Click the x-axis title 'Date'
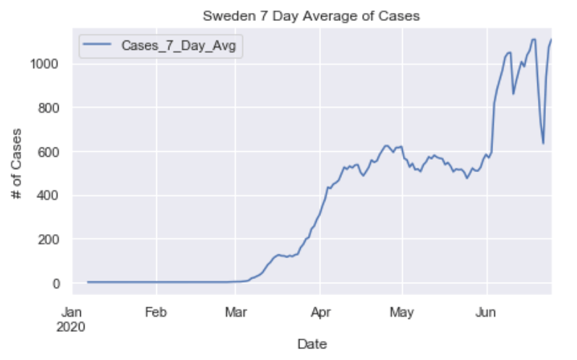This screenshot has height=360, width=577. (x=312, y=343)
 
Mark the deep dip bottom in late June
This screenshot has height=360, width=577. (x=543, y=143)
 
